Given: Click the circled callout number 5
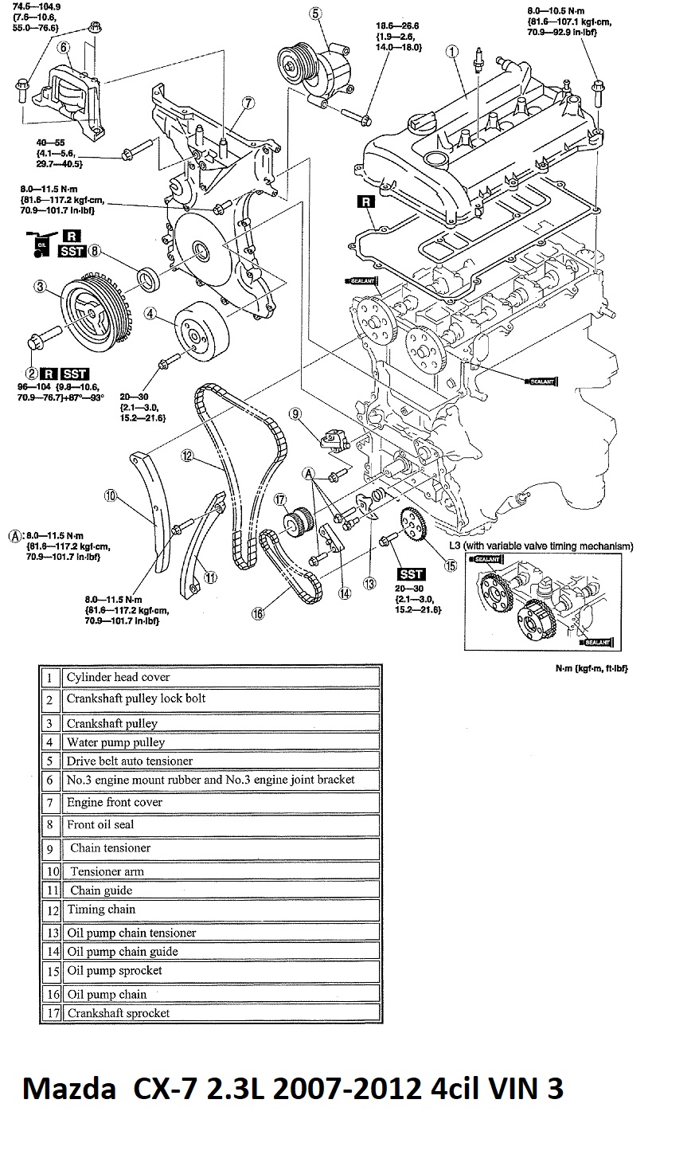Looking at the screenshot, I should [314, 13].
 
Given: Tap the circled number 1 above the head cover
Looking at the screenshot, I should [451, 51].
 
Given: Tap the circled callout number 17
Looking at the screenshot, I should [280, 500].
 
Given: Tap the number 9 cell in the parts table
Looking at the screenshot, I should [50, 848].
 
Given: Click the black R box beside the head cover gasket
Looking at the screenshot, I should [365, 202].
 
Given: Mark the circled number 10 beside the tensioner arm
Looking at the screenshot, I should [111, 495].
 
